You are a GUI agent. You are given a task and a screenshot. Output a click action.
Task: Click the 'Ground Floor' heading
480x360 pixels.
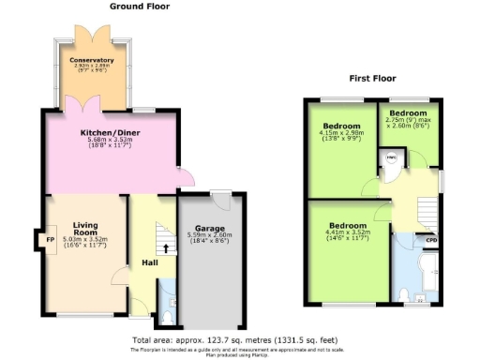coord(138,7)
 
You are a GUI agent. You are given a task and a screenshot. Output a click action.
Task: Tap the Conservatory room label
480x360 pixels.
coord(92,61)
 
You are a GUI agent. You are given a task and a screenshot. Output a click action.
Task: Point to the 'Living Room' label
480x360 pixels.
coord(92,229)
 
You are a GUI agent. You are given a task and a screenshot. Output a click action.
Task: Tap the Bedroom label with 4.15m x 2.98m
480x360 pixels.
coord(342,126)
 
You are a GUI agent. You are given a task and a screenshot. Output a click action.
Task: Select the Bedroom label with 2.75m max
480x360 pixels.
coord(409,112)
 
